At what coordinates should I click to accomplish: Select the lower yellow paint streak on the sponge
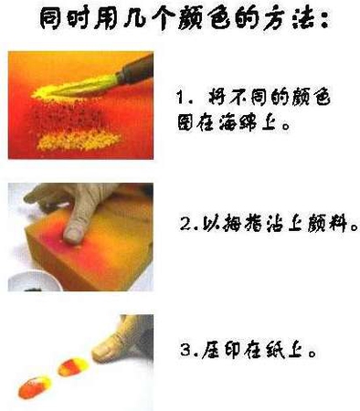pyautogui.click(x=79, y=141)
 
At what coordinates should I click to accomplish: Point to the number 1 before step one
pyautogui.click(x=181, y=98)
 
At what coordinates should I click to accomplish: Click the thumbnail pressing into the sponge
pyautogui.click(x=73, y=235)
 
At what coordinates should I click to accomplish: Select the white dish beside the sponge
pyautogui.click(x=34, y=281)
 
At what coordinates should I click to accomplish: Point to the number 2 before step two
pyautogui.click(x=185, y=224)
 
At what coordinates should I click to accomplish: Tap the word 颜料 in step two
pyautogui.click(x=327, y=224)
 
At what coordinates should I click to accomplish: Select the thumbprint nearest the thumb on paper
pyautogui.click(x=75, y=367)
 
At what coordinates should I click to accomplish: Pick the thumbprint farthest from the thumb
pyautogui.click(x=35, y=386)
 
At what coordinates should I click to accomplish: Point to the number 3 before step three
pyautogui.click(x=185, y=350)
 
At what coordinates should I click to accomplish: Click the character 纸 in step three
pyautogui.click(x=274, y=350)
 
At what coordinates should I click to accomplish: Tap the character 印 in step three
pyautogui.click(x=234, y=350)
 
